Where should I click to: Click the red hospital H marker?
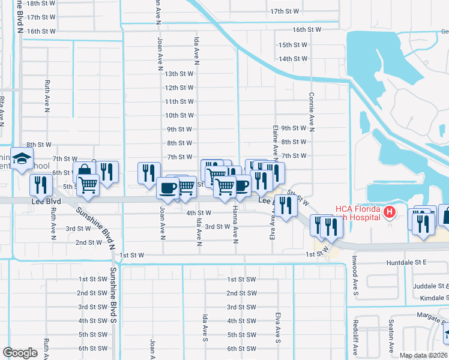click(389, 212)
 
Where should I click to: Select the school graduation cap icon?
click(22, 160)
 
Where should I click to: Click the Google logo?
click(20, 352)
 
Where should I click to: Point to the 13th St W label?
click(179, 74)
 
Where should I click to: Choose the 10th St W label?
click(179, 115)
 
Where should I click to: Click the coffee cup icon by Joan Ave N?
click(167, 188)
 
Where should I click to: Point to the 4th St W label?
click(198, 213)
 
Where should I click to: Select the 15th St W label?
click(293, 45)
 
